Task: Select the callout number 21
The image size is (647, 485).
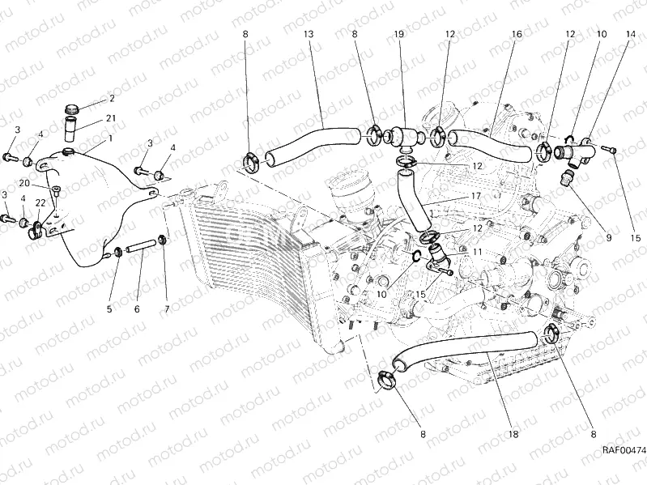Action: [x=111, y=118]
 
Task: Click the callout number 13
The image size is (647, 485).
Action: [x=308, y=35]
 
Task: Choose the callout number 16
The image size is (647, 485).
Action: [x=516, y=35]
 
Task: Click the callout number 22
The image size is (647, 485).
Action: [x=40, y=202]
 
